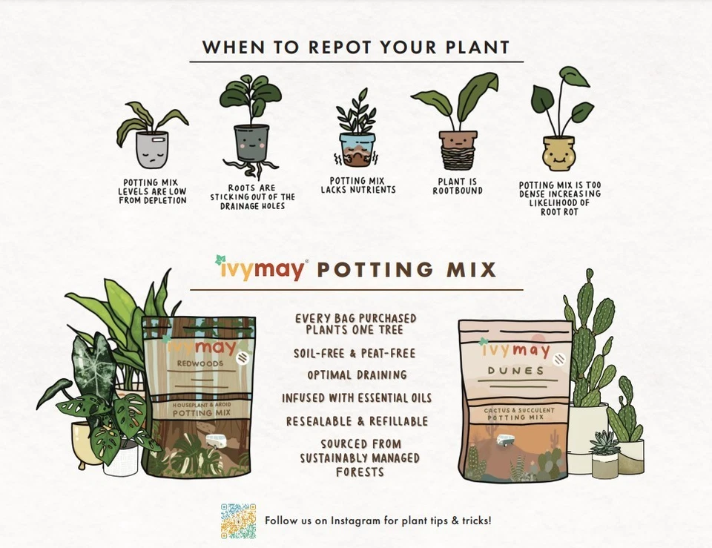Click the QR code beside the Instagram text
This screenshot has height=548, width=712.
[238, 521]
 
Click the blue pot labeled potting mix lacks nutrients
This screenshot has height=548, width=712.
[357, 149]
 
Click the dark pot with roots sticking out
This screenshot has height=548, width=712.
[251, 143]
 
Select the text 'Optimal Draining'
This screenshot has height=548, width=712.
[357, 375]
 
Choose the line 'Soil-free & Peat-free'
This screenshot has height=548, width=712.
[355, 354]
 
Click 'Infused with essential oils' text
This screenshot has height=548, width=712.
[357, 398]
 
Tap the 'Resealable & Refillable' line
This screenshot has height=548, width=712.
[357, 421]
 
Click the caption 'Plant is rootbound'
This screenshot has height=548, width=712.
[458, 186]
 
